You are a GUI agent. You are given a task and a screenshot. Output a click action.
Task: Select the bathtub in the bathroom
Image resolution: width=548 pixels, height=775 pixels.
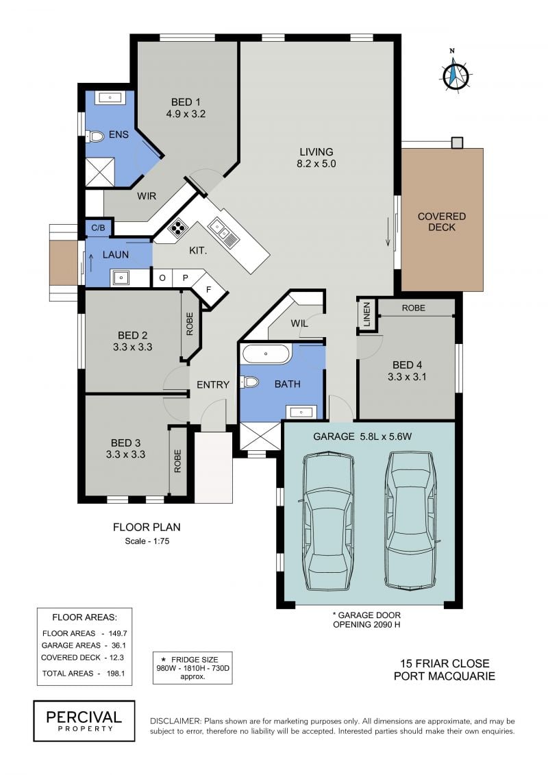(x=265, y=354)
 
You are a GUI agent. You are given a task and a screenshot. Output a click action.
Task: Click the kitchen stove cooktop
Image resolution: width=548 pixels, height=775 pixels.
(x=177, y=228)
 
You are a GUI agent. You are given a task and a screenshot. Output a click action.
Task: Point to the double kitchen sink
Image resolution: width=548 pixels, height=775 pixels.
(x=223, y=233)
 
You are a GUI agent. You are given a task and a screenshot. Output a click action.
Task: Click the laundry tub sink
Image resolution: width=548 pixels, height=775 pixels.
(x=121, y=278)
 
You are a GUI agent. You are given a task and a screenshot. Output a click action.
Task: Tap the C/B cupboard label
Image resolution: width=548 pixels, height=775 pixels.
(x=99, y=228)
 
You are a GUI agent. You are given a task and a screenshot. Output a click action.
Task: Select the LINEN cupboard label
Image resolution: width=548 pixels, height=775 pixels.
(x=366, y=315)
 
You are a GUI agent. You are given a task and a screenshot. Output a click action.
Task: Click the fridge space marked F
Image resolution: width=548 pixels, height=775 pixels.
(x=208, y=289)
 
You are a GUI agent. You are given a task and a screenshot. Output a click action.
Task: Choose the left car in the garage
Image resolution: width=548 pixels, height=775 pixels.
(x=329, y=522)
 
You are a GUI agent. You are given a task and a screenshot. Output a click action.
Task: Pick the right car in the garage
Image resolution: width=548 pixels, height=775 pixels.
(x=411, y=519)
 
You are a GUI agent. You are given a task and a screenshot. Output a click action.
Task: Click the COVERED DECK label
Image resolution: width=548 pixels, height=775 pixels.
(x=442, y=222)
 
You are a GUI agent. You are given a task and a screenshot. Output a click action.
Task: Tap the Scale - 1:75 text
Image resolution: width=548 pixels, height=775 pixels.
(x=147, y=541)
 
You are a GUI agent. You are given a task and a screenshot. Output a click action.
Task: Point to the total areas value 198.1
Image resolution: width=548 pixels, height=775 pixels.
(x=116, y=673)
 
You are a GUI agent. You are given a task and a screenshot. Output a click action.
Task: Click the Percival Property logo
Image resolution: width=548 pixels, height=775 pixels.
(x=84, y=721)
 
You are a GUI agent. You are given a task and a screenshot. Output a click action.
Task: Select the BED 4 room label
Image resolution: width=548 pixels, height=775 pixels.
(x=407, y=371)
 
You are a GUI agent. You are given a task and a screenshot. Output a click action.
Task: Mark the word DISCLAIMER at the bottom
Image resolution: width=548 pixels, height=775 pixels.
(x=175, y=721)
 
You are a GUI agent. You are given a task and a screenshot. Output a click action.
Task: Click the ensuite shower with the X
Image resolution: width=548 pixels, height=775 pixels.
(x=100, y=172)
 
